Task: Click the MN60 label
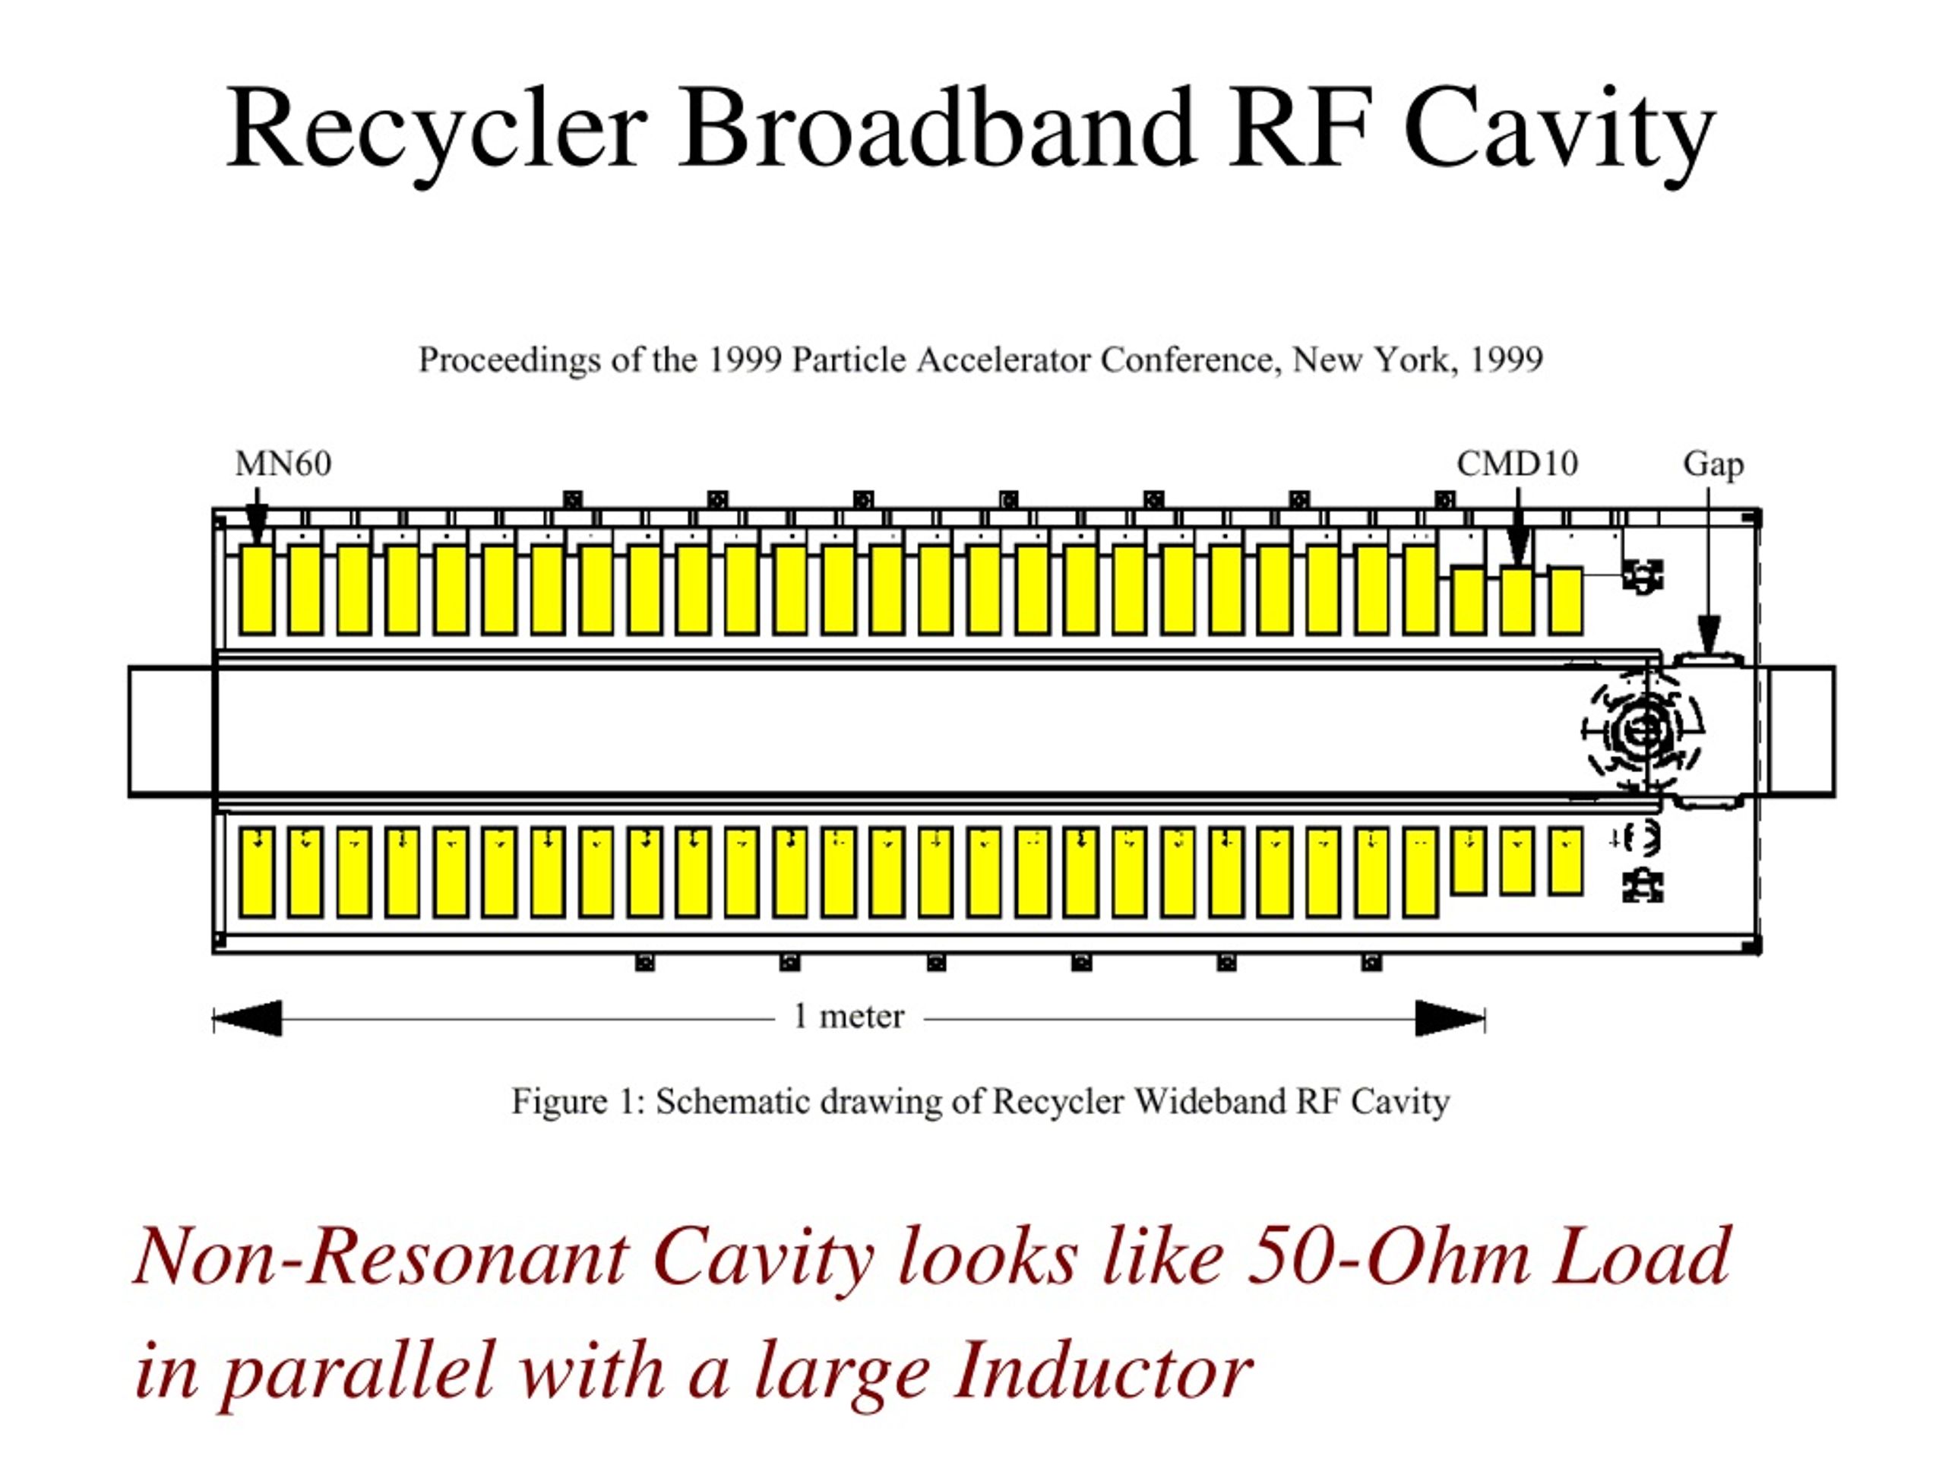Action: pos(283,464)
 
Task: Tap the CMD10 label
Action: pos(1516,464)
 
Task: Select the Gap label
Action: pos(1713,465)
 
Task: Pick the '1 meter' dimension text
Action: pos(849,1017)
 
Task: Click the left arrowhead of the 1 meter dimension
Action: pos(248,1018)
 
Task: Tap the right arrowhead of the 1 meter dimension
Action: pos(1450,1018)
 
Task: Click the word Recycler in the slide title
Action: pos(436,134)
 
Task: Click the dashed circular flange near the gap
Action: pos(1641,729)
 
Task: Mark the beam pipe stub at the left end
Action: pos(172,732)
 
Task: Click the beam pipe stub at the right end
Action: pos(1801,732)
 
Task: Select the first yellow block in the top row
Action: pos(257,589)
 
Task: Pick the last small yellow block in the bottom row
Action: pos(1565,861)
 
